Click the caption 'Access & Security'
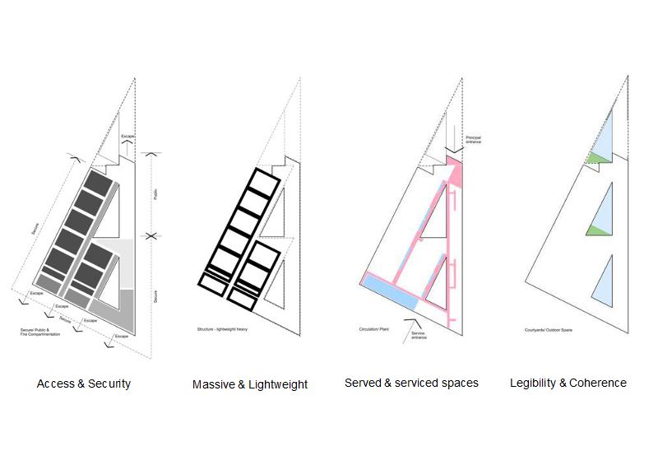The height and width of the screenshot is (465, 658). click(84, 384)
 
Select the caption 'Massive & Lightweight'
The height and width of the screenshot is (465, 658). click(250, 384)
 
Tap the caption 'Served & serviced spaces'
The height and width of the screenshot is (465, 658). click(411, 383)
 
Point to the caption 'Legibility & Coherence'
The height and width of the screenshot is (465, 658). click(568, 383)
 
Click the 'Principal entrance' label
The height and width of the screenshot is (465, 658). click(474, 139)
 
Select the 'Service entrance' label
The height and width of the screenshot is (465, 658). click(419, 332)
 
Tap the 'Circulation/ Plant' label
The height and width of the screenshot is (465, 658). click(373, 328)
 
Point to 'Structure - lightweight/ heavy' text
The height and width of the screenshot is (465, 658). click(223, 328)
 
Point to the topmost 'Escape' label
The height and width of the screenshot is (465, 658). click(127, 135)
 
